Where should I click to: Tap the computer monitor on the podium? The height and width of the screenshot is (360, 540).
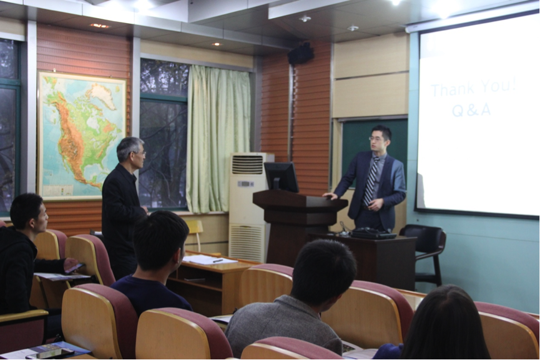282,177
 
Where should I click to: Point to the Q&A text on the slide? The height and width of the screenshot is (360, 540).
471,110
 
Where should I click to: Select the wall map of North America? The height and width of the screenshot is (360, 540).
82,135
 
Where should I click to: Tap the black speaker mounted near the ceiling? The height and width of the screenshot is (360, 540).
301,53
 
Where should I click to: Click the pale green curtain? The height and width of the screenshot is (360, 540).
218,139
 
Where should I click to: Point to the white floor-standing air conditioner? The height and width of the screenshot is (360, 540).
247,207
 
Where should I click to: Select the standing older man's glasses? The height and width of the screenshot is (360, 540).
140,153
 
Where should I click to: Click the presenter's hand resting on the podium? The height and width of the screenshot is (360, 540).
330,196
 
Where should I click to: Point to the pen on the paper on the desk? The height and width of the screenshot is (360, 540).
218,261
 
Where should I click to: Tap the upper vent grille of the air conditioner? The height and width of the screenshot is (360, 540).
247,165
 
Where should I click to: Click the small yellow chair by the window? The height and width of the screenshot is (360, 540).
195,234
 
